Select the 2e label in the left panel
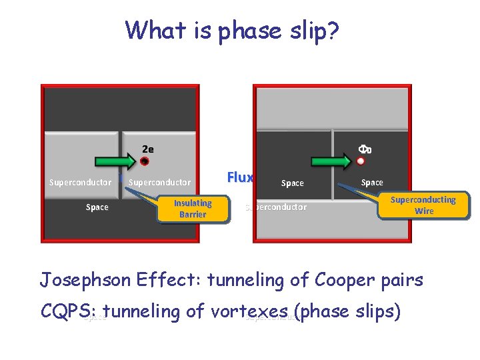coord(147,149)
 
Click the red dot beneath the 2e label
coord(145,161)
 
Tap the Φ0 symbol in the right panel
coord(365,149)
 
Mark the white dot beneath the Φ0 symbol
coord(361,161)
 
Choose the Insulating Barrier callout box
coord(193,209)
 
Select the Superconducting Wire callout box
coord(423,205)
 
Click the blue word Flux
coord(240,177)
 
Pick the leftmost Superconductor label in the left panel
coord(80,183)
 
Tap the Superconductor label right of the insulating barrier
coord(159,183)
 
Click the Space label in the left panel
coord(97,207)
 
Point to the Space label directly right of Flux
coord(292,183)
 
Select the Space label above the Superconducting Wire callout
coord(372,183)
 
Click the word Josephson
coord(84,280)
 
